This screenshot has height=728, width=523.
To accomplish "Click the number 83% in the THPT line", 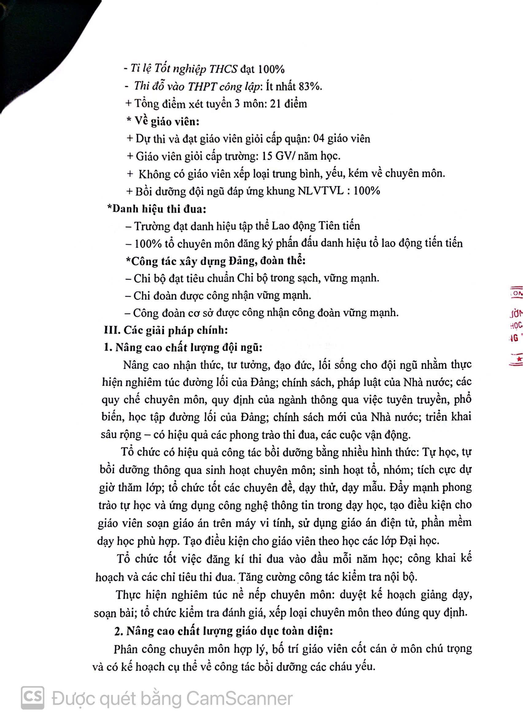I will [x=310, y=86].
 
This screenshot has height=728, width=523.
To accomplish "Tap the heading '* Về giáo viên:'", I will [x=163, y=122].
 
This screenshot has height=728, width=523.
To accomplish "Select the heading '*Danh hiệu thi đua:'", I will [x=157, y=209].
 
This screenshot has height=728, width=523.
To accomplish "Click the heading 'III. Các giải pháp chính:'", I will [x=166, y=330].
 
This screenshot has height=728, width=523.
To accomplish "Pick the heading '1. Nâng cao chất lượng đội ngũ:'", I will [x=183, y=347].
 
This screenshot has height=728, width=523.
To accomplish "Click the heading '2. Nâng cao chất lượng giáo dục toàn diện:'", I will [x=224, y=631].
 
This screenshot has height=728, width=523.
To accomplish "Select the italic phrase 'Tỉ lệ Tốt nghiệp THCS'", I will [x=184, y=69].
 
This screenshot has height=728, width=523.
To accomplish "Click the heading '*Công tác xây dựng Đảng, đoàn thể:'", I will [x=215, y=261].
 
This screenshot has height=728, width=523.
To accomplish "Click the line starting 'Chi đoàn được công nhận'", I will [x=218, y=295].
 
